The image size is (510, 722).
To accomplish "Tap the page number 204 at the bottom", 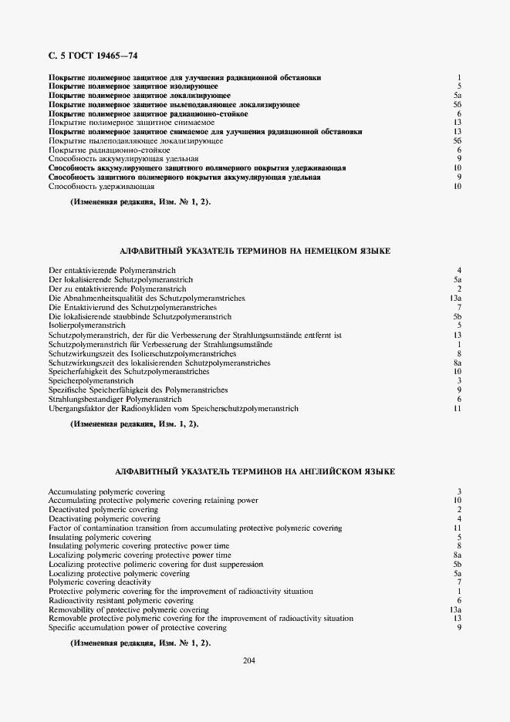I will pyautogui.click(x=248, y=660).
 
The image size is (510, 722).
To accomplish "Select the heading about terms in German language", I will pyautogui.click(x=255, y=251).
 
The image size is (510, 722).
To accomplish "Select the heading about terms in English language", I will pyautogui.click(x=255, y=471).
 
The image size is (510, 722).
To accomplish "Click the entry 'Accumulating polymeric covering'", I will pyautogui.click(x=106, y=491).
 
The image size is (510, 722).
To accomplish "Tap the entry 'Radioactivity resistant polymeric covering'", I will pyautogui.click(x=120, y=600).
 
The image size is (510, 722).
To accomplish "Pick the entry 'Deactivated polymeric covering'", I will pyautogui.click(x=103, y=510).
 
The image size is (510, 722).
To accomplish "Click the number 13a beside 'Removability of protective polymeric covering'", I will pyautogui.click(x=455, y=609).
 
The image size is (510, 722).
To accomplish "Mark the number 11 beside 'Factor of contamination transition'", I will pyautogui.click(x=457, y=528).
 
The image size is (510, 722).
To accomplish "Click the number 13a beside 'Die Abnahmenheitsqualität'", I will pyautogui.click(x=455, y=298).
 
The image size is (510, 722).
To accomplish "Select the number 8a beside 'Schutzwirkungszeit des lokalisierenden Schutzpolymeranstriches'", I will pyautogui.click(x=457, y=363).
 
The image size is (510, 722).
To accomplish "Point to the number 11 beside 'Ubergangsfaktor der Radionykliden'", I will pyautogui.click(x=457, y=409).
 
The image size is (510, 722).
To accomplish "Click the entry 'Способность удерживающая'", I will pyautogui.click(x=101, y=187).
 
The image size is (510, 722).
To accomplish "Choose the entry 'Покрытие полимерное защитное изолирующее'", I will pyautogui.click(x=133, y=86).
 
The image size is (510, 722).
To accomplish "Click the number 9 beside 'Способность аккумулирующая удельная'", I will pyautogui.click(x=458, y=159).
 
